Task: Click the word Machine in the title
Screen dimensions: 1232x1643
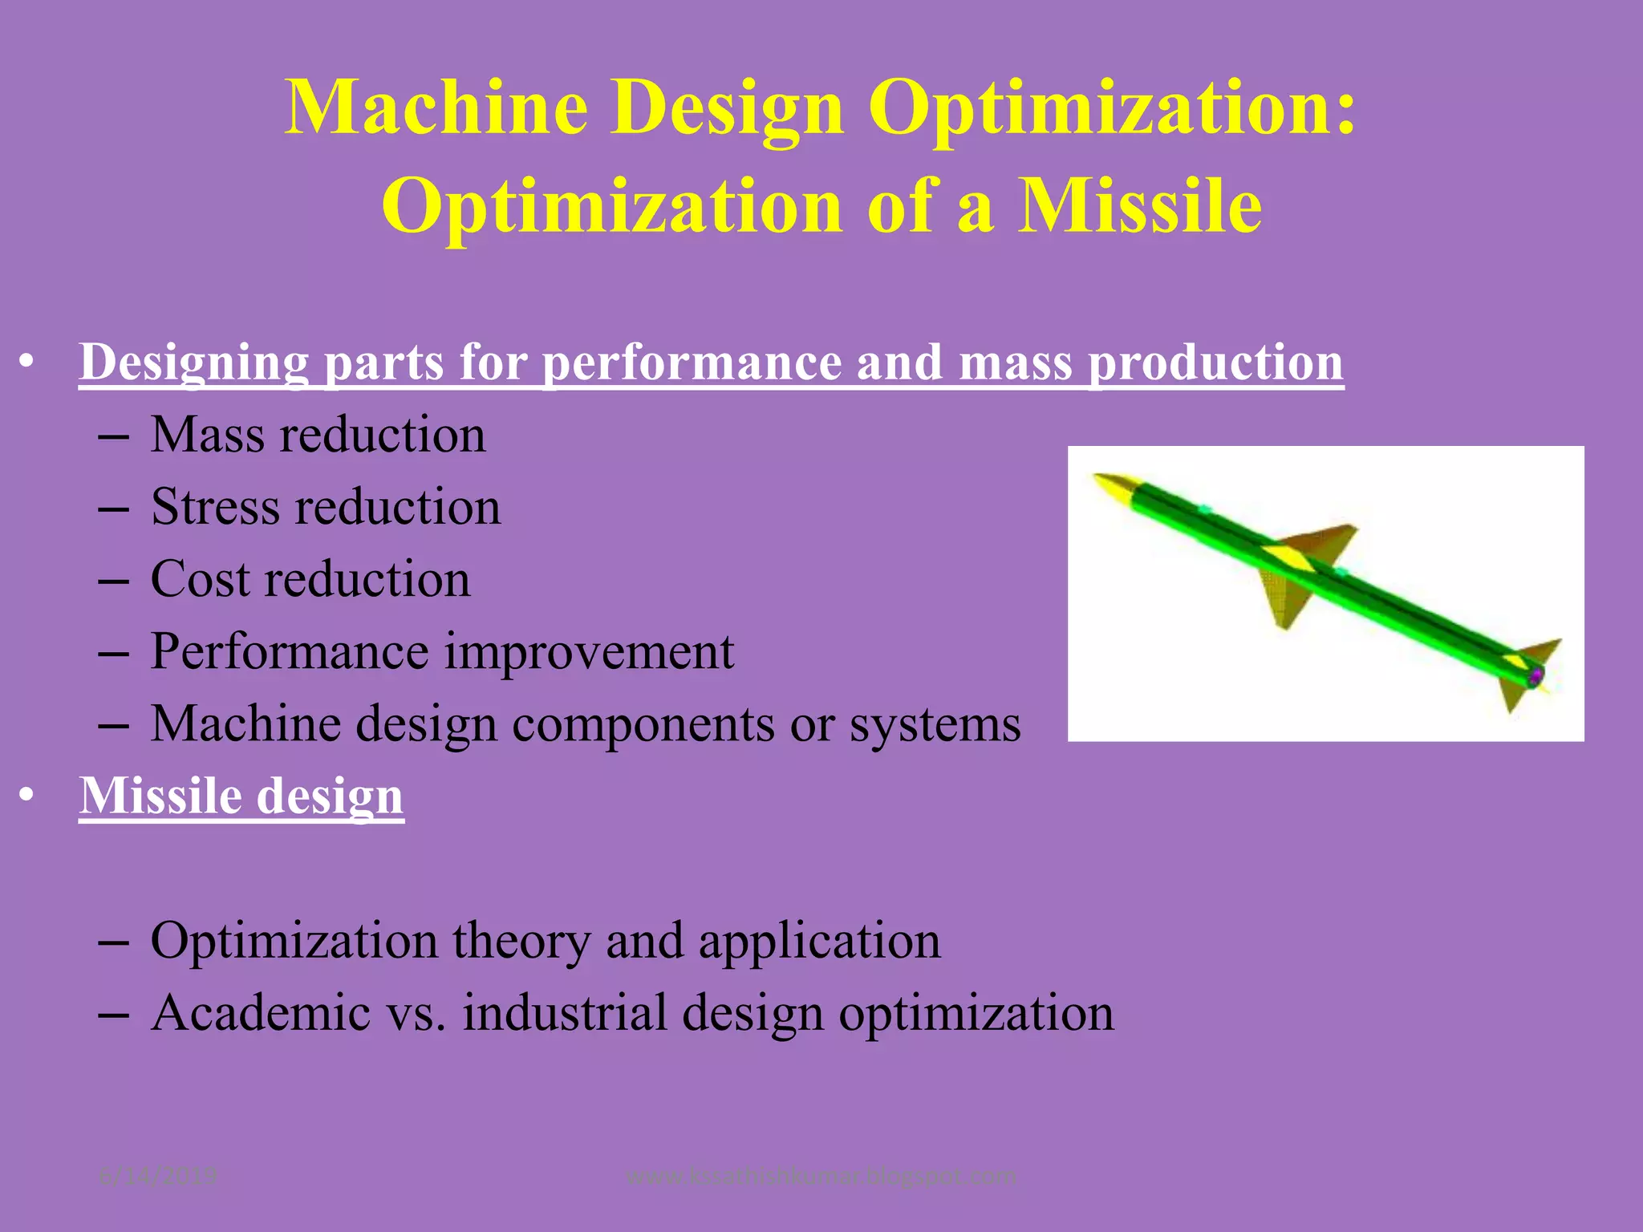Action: (x=436, y=108)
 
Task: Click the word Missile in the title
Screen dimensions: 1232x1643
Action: (x=1139, y=206)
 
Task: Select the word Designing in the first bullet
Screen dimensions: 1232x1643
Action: (x=193, y=363)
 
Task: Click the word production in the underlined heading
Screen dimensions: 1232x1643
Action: (x=1215, y=363)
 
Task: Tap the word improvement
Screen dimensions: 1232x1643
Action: (x=589, y=651)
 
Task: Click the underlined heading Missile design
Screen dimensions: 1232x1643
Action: (x=241, y=796)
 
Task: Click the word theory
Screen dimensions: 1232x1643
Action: (x=521, y=940)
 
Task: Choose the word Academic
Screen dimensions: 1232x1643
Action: (x=261, y=1012)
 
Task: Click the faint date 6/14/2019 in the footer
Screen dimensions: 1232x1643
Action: (x=158, y=1177)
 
